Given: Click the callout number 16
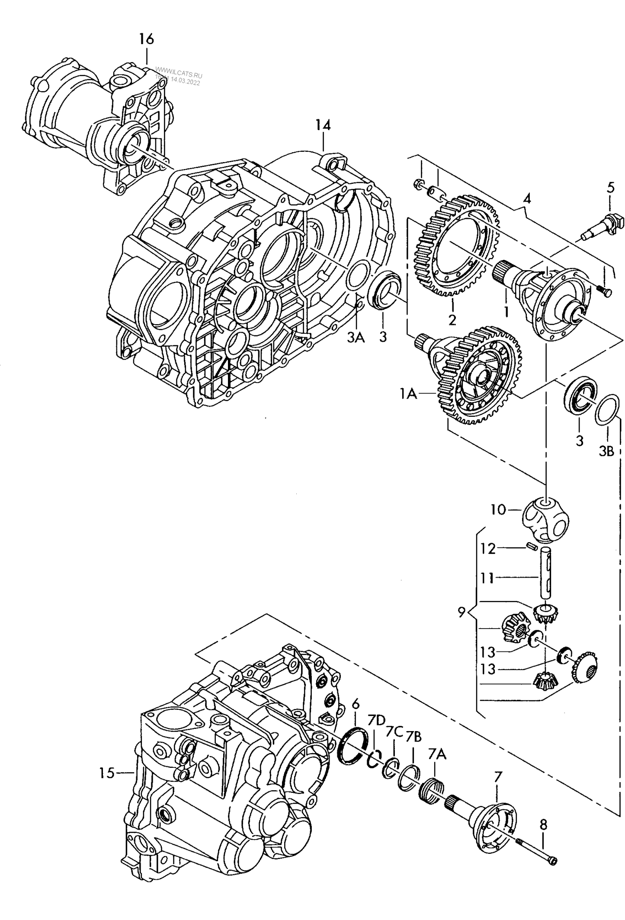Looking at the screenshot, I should pyautogui.click(x=146, y=39).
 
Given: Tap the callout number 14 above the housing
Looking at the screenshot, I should pyautogui.click(x=323, y=125).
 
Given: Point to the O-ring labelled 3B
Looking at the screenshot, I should pyautogui.click(x=607, y=409).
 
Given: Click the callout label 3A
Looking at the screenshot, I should pyautogui.click(x=356, y=337).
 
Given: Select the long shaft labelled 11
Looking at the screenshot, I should pyautogui.click(x=547, y=573).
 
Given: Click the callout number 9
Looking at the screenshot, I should pyautogui.click(x=462, y=612).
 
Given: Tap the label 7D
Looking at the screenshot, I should pyautogui.click(x=376, y=720).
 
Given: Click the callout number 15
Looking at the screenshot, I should pyautogui.click(x=106, y=773).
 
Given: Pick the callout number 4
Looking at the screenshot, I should pyautogui.click(x=527, y=199).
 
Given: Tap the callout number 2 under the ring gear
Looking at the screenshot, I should pyautogui.click(x=452, y=320).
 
